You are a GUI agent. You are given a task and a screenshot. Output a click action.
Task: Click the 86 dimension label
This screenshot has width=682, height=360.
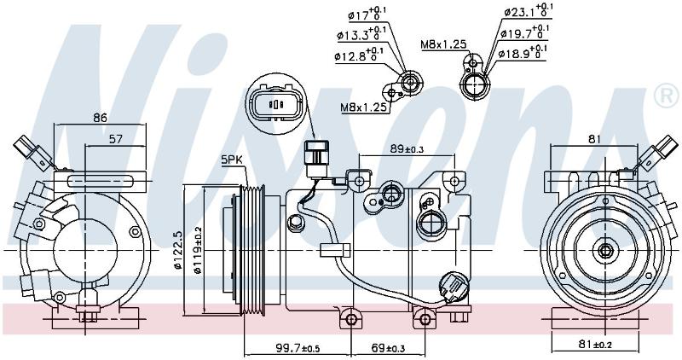tap(100, 118)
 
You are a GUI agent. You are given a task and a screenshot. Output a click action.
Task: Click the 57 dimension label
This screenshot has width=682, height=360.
tap(115, 139)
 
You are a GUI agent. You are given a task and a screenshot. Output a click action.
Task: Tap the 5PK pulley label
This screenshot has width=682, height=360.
tap(231, 160)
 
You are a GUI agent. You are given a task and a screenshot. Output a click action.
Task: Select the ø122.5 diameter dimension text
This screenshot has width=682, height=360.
tap(177, 251)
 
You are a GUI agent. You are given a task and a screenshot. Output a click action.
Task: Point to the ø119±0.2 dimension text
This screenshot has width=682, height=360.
tap(199, 250)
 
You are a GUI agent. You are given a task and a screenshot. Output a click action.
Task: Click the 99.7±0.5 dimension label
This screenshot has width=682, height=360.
tap(298, 348)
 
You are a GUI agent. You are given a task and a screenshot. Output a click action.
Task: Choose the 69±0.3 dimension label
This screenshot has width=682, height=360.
tap(390, 348)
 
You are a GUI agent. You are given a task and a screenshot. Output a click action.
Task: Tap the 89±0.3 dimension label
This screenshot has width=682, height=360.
tap(407, 148)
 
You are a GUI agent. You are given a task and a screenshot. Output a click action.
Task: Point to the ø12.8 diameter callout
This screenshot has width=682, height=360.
tap(359, 55)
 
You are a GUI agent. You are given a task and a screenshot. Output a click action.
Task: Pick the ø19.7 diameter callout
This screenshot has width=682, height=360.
tap(524, 32)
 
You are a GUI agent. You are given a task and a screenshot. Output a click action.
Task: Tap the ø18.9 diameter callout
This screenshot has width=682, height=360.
tap(523, 53)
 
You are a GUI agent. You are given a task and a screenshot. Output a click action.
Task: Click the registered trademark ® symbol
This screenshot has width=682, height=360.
tap(667, 96)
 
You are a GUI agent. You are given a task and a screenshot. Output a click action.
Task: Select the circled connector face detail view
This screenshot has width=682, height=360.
tap(275, 103)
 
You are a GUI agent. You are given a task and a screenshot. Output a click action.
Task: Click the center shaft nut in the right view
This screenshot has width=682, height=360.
tap(605, 251)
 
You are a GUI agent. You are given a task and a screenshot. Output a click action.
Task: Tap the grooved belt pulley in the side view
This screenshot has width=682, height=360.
tap(252, 250)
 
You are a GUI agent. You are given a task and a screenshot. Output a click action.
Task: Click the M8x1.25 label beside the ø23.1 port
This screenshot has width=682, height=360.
tap(443, 44)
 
